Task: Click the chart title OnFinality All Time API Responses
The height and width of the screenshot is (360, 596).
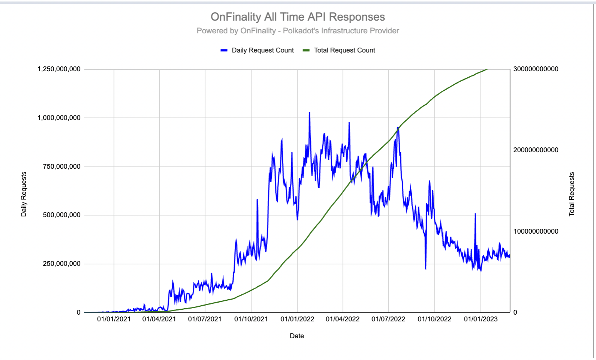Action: pos(298,17)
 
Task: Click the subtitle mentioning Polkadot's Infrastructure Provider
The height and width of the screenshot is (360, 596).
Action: pos(298,31)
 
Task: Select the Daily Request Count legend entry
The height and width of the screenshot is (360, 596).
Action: pos(262,50)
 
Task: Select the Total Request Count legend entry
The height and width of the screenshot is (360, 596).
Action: pos(344,50)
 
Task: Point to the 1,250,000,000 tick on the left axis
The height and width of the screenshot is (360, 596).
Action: pos(59,69)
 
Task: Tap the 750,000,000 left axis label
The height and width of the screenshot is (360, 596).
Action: pos(61,166)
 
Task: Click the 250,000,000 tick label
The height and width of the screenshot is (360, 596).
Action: pos(61,264)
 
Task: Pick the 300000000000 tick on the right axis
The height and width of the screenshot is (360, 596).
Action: pos(536,69)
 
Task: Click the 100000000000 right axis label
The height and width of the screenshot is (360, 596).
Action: pos(536,231)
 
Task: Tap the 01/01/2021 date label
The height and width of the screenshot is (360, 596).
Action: pos(114,319)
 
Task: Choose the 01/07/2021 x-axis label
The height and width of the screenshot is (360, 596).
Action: pos(205,319)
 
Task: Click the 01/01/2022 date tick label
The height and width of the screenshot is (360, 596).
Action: pos(297,319)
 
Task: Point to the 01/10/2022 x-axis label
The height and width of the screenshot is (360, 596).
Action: pos(434,319)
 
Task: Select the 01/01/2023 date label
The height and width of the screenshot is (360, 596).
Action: pos(481,319)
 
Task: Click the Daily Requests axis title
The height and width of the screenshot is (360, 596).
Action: pos(24,194)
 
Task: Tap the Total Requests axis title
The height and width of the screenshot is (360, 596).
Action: pos(572,194)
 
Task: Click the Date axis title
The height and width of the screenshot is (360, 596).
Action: pos(297,336)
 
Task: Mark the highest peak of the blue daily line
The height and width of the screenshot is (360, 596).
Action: pos(309,112)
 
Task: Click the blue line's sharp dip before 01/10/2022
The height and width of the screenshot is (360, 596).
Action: pos(425,268)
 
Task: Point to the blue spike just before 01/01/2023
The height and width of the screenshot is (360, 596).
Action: pos(475,214)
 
